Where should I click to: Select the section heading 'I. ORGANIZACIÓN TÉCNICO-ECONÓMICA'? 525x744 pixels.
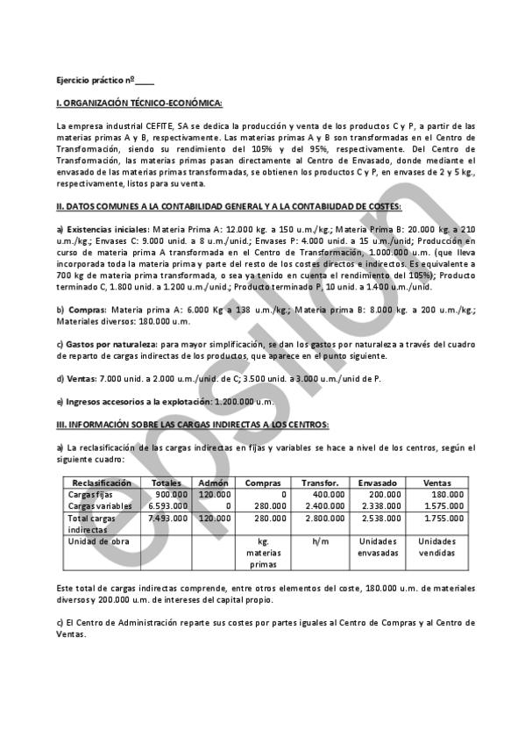[138, 104]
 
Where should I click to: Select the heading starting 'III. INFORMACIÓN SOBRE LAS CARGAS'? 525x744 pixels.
[192, 424]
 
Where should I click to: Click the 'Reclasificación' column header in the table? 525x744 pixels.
[102, 483]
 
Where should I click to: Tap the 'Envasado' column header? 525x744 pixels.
[378, 483]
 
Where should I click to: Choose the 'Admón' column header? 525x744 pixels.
[214, 483]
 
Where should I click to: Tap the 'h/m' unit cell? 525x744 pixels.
[320, 541]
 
